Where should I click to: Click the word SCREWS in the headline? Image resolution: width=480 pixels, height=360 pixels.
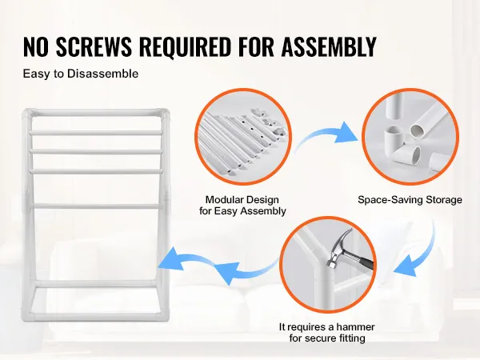pyautogui.click(x=94, y=46)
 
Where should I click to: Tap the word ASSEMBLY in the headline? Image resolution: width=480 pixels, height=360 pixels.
pyautogui.click(x=329, y=46)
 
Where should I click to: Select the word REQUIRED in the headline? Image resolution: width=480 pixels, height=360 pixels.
pyautogui.click(x=186, y=46)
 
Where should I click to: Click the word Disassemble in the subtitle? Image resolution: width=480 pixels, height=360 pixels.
pyautogui.click(x=102, y=74)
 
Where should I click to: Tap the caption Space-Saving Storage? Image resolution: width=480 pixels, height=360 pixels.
pyautogui.click(x=410, y=200)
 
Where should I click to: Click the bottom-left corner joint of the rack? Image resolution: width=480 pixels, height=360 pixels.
pyautogui.click(x=27, y=315)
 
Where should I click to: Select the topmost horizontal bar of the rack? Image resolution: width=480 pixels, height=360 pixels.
pyautogui.click(x=95, y=113)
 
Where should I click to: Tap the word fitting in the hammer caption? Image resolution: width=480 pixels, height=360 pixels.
pyautogui.click(x=352, y=338)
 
